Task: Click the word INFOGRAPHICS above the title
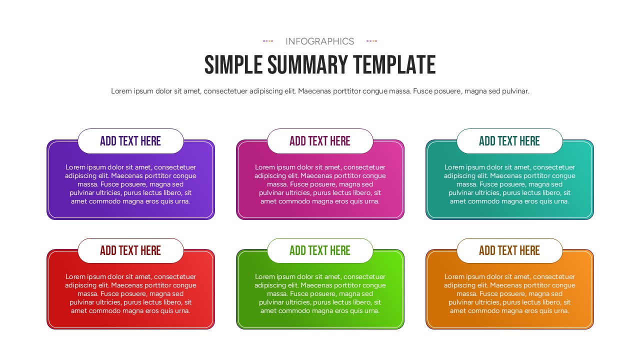(319, 41)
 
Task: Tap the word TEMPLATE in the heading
(394, 65)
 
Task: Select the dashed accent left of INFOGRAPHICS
(268, 41)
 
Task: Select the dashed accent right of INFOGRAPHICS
(371, 41)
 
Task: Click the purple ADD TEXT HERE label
(130, 141)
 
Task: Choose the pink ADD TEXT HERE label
(320, 141)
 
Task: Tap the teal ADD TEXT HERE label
(509, 141)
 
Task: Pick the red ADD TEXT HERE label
(130, 250)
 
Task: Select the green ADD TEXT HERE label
(320, 250)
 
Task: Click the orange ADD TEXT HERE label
(509, 250)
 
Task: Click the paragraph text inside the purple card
(130, 184)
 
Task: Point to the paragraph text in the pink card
(320, 184)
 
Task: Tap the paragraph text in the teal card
(509, 184)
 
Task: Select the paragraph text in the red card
(130, 293)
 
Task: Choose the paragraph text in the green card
(320, 293)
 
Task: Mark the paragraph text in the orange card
(509, 293)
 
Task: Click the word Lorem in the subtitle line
(121, 91)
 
